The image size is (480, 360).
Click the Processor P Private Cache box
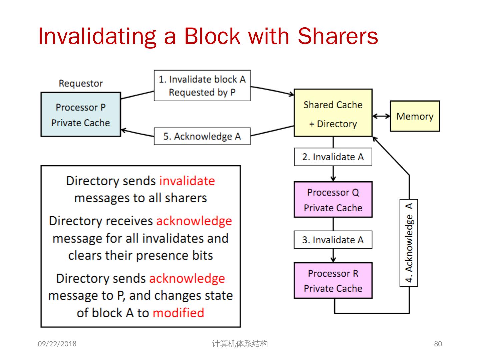(80, 114)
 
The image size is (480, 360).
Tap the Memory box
(415, 116)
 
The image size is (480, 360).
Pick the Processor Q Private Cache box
(333, 199)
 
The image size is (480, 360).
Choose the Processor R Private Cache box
(333, 280)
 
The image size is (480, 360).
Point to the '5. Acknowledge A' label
(202, 136)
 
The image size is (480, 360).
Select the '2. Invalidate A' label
(333, 157)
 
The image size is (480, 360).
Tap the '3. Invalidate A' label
(333, 240)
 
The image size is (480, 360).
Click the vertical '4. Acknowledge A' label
(409, 243)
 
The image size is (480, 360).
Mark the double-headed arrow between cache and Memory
(381, 116)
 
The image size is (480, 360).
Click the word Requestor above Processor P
(81, 83)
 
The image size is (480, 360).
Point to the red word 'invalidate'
(187, 181)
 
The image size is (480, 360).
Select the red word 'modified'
(178, 313)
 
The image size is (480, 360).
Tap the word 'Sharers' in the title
(338, 36)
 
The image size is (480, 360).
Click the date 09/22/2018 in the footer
(57, 344)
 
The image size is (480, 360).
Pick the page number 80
(438, 344)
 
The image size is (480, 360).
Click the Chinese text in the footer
(240, 344)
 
